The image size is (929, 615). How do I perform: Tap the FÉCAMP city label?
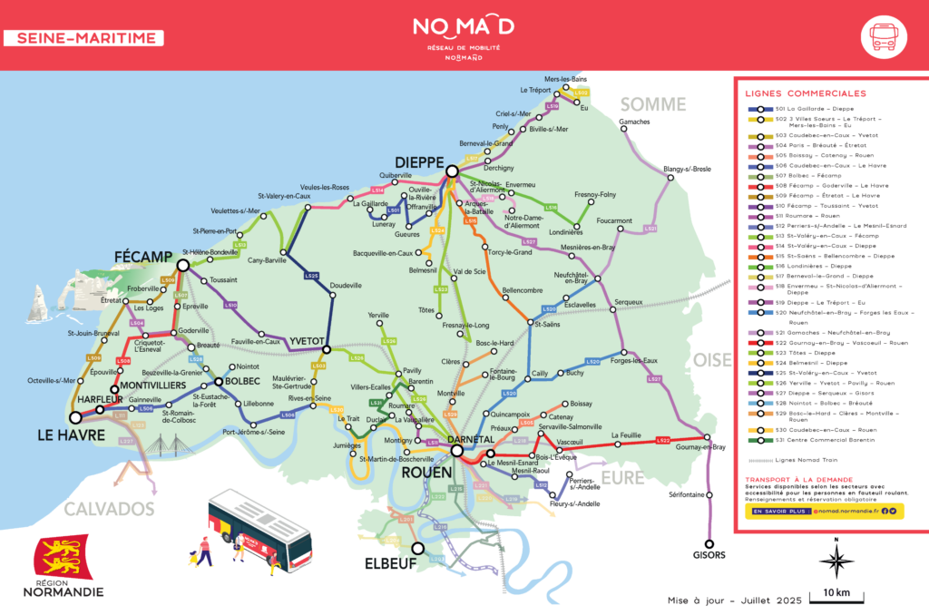click(143, 257)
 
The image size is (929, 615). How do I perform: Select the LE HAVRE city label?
click(72, 435)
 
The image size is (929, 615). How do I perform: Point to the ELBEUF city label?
click(390, 562)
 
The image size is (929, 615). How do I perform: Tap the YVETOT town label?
click(307, 340)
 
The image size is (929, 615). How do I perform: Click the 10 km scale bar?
click(836, 594)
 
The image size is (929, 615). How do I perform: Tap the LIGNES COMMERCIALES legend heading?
click(805, 93)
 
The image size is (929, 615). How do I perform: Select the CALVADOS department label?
click(109, 508)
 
